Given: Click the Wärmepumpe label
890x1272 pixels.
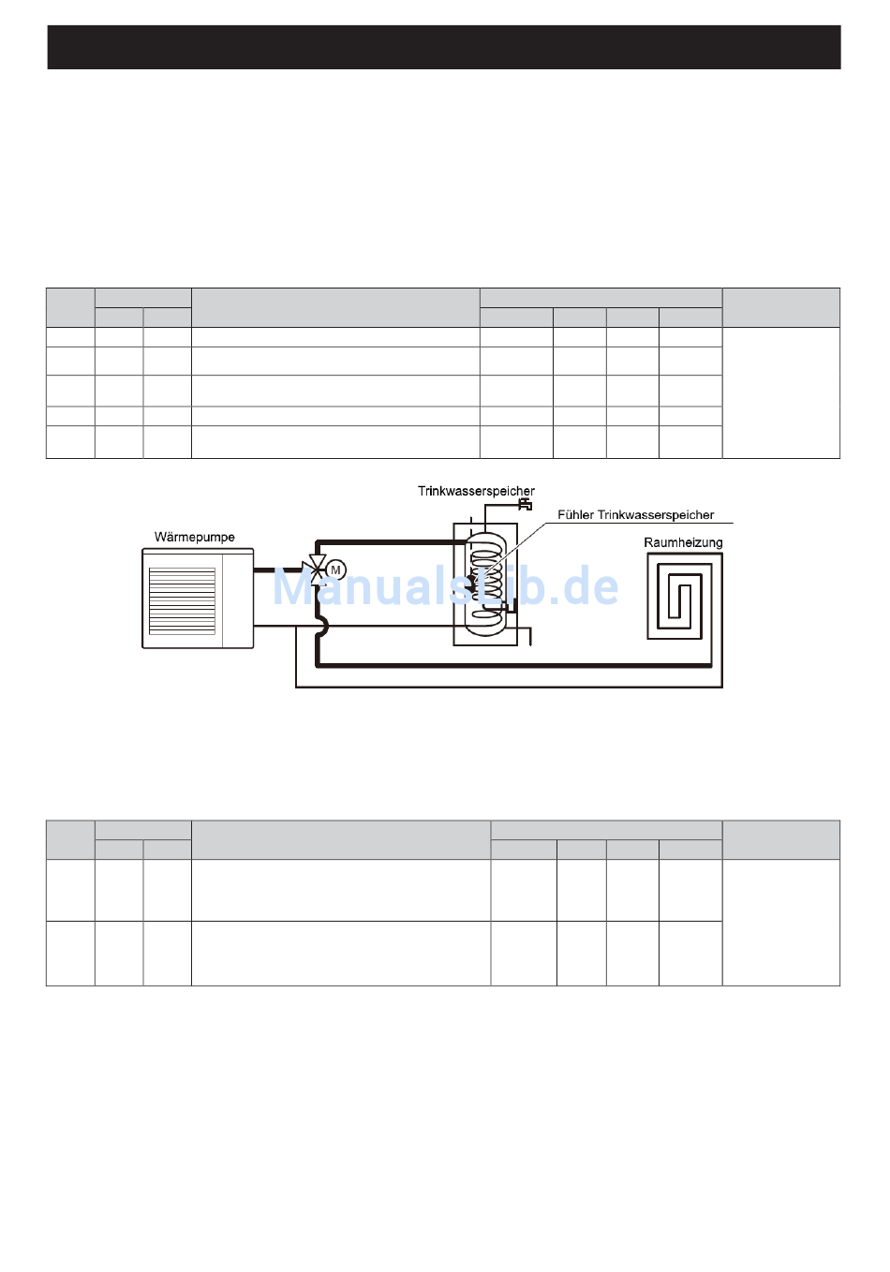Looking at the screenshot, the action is (194, 538).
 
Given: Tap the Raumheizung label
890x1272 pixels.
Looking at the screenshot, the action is (683, 542).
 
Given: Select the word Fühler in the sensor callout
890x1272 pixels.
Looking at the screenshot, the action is (575, 514).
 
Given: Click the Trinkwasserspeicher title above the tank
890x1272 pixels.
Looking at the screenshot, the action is (476, 491).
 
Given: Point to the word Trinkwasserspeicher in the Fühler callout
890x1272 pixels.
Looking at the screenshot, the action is (656, 514).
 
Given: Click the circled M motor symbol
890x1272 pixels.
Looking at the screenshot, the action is (335, 569).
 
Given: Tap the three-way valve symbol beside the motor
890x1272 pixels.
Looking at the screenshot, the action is (314, 569).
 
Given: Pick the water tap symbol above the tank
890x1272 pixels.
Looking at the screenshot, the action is (526, 504).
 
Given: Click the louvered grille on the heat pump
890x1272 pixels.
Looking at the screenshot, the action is (183, 600).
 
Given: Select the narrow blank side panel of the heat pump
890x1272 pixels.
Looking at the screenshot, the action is (238, 600).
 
